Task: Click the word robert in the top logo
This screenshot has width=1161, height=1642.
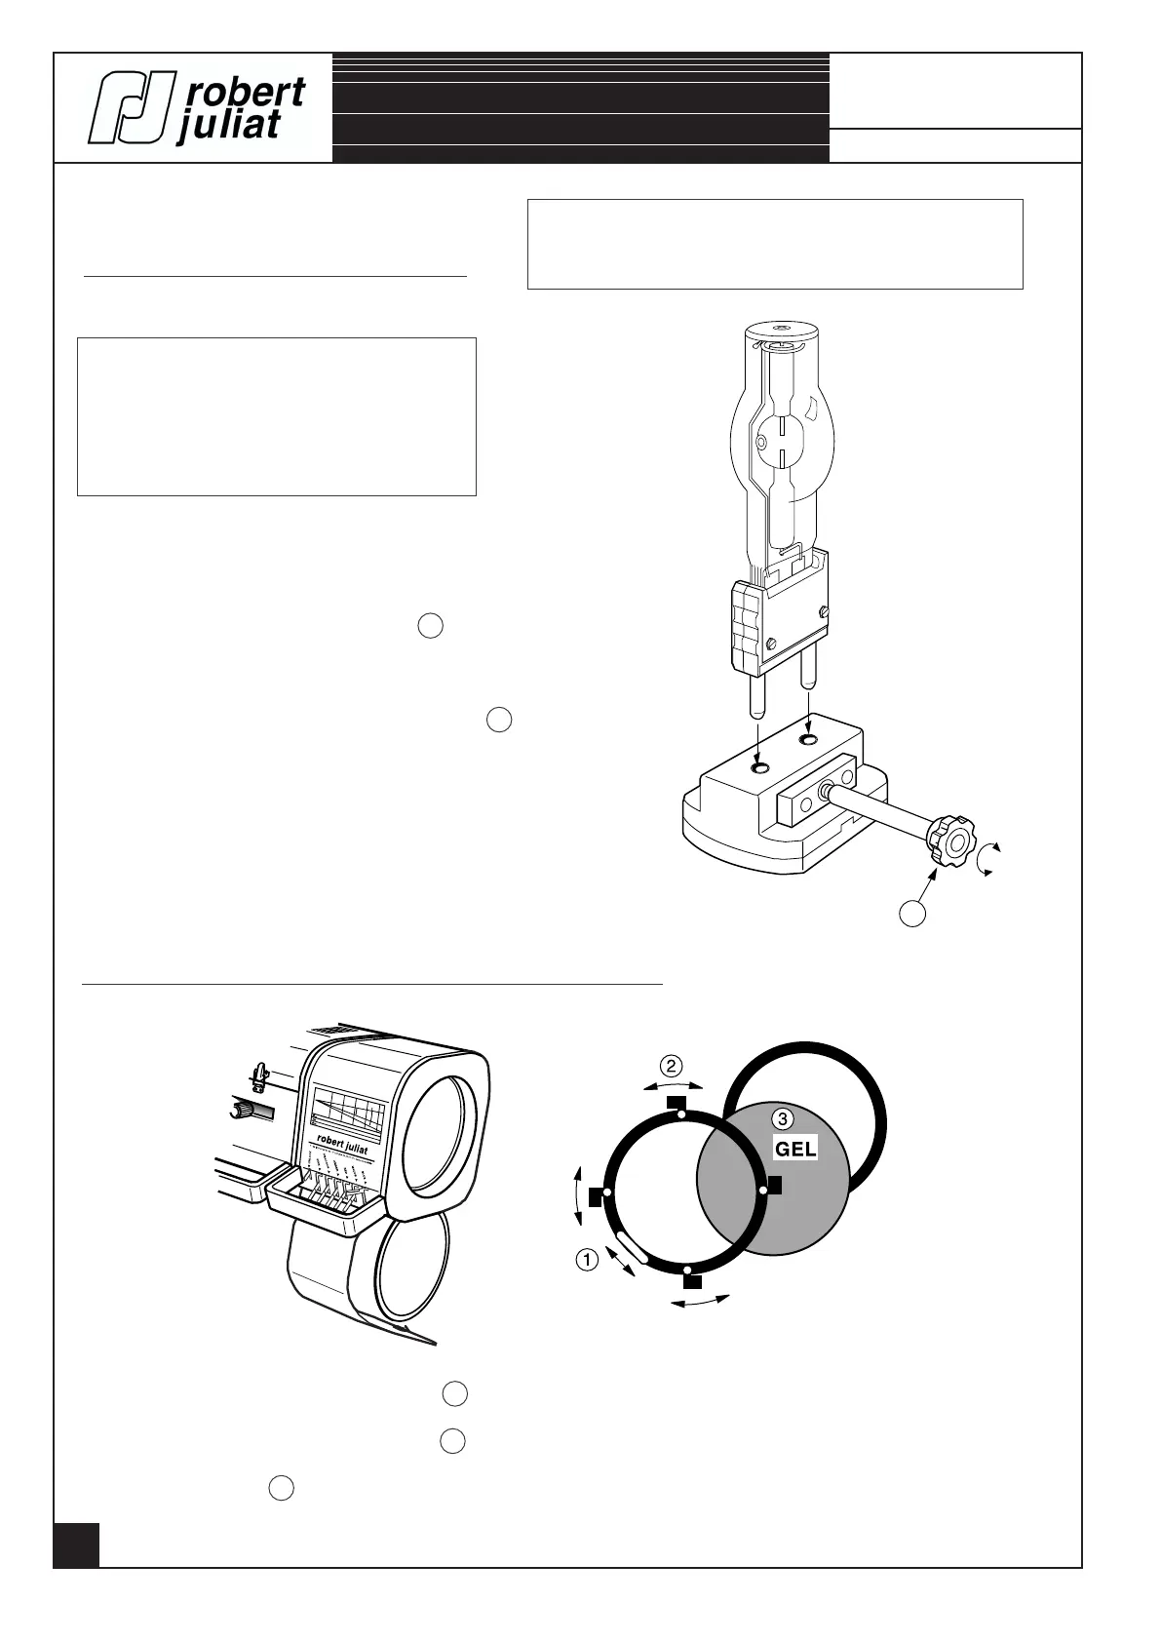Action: coord(245,94)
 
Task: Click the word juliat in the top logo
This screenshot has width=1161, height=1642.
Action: coord(229,126)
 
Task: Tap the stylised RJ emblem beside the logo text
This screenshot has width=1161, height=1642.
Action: coord(132,107)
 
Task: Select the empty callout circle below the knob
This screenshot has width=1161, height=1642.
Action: coord(911,914)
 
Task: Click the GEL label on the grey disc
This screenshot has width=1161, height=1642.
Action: coord(795,1149)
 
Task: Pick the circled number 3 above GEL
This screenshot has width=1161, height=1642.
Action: coord(782,1119)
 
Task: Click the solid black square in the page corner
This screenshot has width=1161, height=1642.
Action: coord(76,1544)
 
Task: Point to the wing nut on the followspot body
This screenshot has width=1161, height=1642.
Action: coord(258,1076)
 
